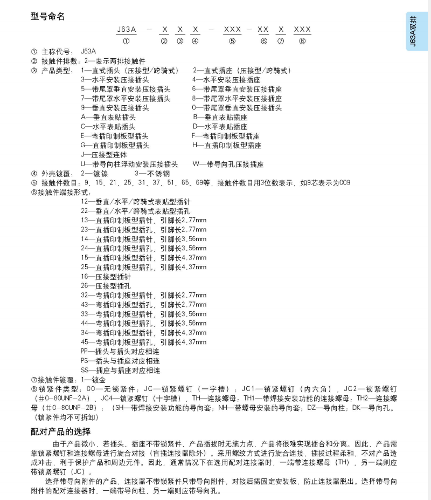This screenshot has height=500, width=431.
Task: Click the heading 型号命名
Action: (x=48, y=16)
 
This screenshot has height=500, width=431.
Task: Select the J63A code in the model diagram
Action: (x=126, y=29)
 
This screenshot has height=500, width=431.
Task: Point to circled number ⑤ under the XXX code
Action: (x=232, y=41)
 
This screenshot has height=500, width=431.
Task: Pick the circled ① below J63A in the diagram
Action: (x=126, y=41)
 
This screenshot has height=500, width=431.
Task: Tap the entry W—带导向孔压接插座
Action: (x=228, y=164)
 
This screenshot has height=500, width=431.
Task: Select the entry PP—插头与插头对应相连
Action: (x=120, y=351)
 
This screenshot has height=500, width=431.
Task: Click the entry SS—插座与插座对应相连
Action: (x=120, y=371)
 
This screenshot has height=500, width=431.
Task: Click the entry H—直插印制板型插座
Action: (x=226, y=145)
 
